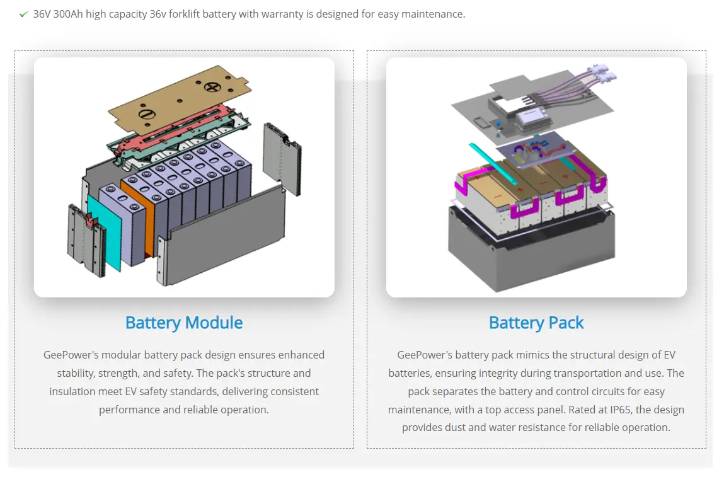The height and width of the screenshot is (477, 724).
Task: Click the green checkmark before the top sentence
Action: tap(23, 14)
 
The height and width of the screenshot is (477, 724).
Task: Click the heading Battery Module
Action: tap(184, 323)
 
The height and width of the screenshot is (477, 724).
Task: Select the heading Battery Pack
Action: tap(536, 323)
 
